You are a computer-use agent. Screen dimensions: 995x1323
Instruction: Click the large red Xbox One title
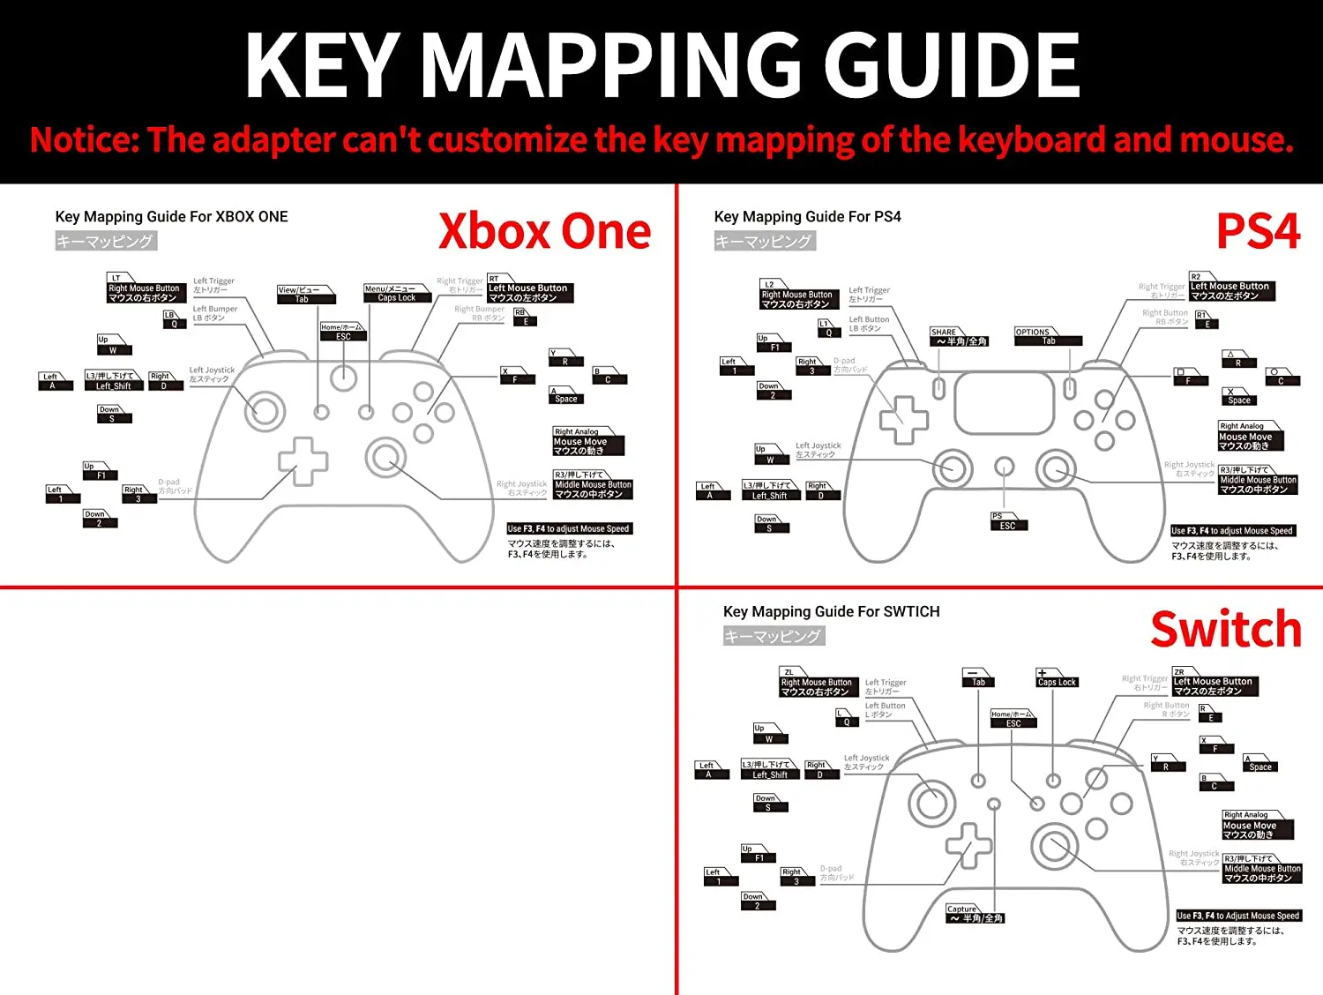(544, 231)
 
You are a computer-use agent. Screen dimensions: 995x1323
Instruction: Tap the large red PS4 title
(1258, 232)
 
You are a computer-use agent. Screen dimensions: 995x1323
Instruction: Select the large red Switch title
(1226, 629)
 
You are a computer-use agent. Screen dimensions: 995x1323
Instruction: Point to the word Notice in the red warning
(84, 140)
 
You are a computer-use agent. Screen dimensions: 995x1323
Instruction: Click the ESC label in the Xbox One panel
(343, 336)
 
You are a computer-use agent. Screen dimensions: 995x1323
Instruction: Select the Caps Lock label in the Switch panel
(1057, 682)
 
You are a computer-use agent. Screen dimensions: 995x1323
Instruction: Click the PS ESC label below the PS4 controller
(1007, 526)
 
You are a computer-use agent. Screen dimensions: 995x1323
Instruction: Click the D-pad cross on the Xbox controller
(303, 461)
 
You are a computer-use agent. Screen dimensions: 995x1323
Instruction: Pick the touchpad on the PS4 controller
(1004, 403)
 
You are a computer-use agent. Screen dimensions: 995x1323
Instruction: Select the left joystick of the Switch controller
(931, 803)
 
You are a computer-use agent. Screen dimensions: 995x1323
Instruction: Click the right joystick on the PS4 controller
(1055, 468)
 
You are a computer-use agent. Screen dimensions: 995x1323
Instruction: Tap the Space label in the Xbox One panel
(566, 399)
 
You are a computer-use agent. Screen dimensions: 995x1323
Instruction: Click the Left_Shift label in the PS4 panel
(770, 495)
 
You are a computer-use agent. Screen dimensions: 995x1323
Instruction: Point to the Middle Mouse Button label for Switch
(1262, 873)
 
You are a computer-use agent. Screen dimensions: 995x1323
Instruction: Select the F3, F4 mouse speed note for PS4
(1232, 531)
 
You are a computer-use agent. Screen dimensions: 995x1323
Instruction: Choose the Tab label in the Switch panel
(978, 682)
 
